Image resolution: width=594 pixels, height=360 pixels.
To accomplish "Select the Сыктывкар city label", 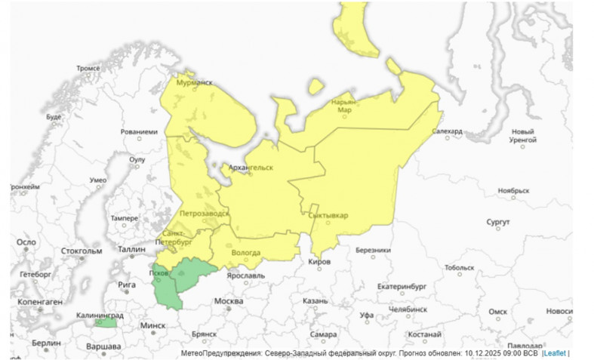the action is (x=329, y=215).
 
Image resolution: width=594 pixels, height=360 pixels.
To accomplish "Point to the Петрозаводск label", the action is (x=204, y=214).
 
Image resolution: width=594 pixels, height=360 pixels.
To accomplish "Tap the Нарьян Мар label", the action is (x=344, y=106).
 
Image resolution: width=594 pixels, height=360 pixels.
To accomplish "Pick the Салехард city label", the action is (x=447, y=131).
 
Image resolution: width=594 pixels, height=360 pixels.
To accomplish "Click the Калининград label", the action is (x=100, y=315).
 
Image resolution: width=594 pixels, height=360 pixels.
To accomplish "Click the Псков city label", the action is (x=159, y=272).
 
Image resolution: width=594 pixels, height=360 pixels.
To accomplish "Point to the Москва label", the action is (x=229, y=302).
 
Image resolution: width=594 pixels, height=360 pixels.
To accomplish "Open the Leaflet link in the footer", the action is (x=555, y=352).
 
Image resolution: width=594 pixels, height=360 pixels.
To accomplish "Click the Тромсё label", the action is (x=88, y=68).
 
